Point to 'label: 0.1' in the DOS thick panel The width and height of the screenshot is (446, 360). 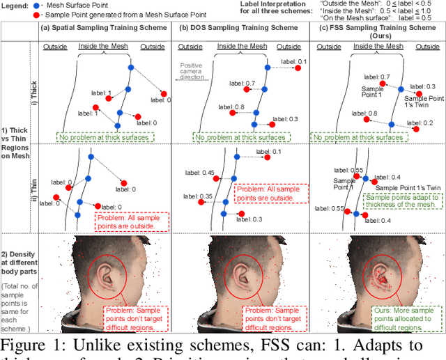pos(293,62)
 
